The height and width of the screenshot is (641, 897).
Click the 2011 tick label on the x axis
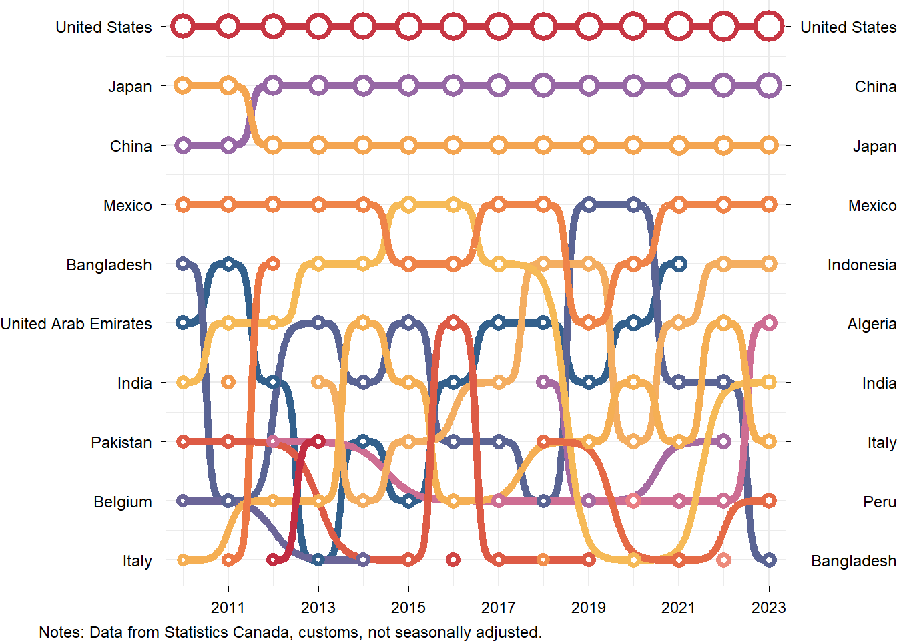228,608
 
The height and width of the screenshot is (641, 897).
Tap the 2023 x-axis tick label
768,608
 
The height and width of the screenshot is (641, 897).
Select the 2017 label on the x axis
498,608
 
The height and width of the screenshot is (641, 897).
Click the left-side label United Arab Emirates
76,324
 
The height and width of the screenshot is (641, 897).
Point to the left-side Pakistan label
121,443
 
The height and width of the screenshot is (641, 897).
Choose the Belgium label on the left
123,502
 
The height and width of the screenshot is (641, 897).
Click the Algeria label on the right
872,324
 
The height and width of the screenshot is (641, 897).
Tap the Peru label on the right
879,502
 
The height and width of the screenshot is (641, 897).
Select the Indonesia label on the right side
862,265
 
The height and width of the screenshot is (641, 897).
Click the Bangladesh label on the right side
853,561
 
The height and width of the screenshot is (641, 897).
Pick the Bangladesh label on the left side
109,265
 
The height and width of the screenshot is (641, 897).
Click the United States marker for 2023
769,27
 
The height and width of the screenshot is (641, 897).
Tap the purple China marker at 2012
272,85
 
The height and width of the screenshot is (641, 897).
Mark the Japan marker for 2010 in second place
182,85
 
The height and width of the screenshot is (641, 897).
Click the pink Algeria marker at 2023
769,323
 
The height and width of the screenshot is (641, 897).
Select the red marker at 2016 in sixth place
453,323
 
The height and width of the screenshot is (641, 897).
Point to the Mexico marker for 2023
769,204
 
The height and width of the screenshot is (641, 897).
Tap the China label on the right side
875,87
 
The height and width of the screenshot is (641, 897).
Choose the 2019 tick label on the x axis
588,608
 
